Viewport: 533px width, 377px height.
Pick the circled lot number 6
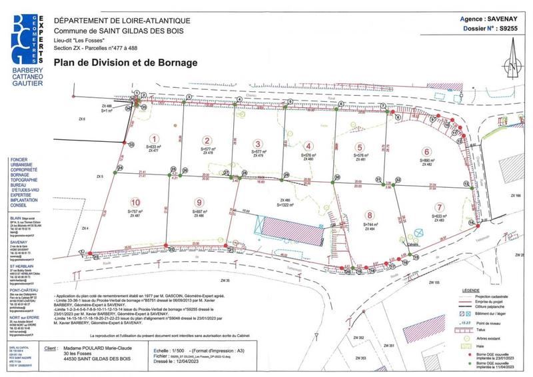425,151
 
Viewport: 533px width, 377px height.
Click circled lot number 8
368,215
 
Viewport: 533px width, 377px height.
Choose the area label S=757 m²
136,210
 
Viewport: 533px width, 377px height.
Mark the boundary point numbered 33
131,144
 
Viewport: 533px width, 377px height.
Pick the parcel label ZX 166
516,195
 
